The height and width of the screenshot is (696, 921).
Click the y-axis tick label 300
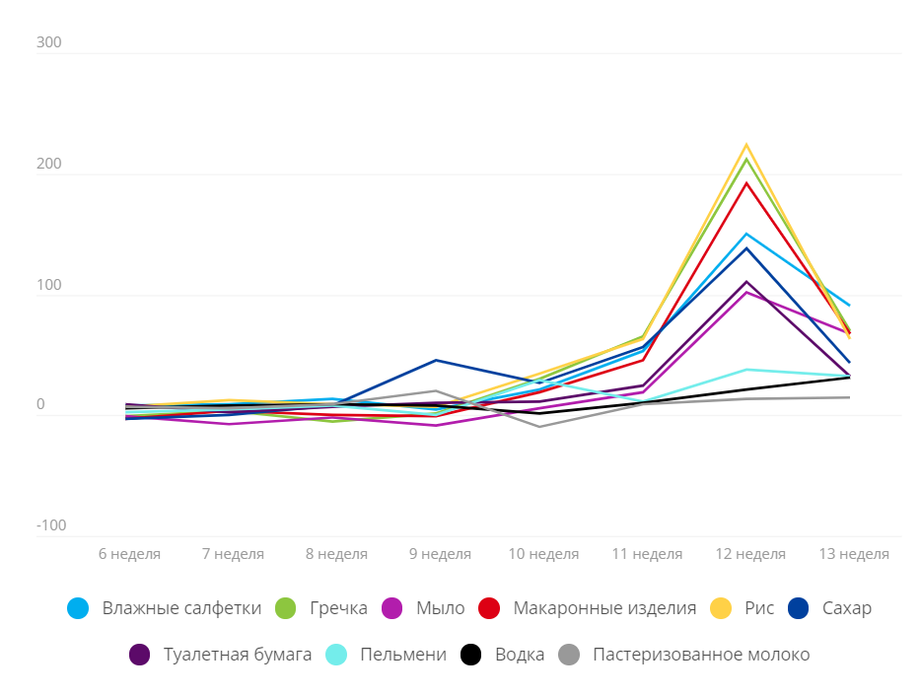click(49, 43)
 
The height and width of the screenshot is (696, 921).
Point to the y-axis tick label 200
click(49, 165)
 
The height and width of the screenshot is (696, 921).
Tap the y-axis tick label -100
click(51, 525)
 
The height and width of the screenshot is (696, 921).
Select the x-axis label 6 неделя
click(129, 554)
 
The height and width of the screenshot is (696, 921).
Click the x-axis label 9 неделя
click(439, 554)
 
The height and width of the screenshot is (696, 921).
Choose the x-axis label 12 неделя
click(750, 554)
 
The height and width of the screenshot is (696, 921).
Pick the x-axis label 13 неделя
click(854, 554)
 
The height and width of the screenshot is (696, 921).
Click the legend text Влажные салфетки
click(181, 608)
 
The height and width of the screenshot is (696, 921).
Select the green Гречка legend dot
click(285, 608)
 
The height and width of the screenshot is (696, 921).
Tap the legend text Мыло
click(440, 608)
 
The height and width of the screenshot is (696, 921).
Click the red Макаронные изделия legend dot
click(489, 608)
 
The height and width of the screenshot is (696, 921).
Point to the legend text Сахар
click(846, 608)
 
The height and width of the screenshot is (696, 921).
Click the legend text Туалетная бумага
click(237, 655)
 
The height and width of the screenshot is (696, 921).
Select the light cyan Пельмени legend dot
click(336, 655)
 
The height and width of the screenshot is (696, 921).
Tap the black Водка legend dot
click(471, 655)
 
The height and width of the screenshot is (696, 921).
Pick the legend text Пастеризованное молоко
click(700, 655)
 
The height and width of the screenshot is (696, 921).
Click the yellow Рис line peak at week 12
click(746, 145)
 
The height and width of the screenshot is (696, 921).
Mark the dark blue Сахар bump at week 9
click(436, 360)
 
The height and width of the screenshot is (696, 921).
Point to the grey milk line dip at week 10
click(539, 426)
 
